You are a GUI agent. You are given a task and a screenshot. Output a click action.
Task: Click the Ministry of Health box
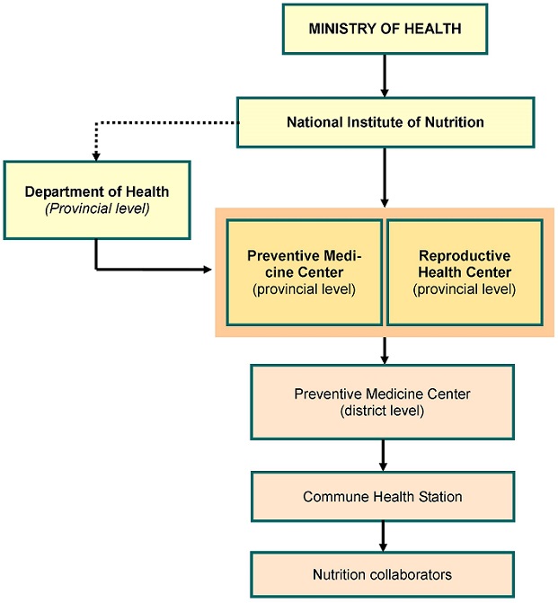[385, 29]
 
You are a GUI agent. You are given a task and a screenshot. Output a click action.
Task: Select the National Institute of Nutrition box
[385, 122]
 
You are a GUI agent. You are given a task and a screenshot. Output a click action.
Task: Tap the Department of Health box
[97, 200]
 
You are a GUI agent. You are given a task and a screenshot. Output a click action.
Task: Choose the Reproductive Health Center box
[465, 272]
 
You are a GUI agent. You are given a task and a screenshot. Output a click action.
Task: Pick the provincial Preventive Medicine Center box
[305, 272]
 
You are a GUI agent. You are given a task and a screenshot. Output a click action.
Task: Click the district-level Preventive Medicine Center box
[382, 402]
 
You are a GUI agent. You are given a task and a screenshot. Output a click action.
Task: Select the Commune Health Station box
[383, 496]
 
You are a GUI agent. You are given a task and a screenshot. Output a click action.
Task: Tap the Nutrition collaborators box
[382, 574]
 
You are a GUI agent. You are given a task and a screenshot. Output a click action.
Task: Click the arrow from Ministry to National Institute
[385, 75]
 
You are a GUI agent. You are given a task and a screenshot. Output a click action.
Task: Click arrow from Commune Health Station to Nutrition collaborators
[383, 536]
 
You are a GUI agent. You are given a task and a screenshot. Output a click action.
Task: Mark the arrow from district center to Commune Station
[383, 456]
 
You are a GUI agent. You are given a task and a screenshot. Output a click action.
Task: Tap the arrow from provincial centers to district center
[385, 350]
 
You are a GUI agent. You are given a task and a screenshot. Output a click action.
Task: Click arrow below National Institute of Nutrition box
[385, 178]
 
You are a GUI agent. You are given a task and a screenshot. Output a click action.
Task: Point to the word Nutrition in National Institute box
[454, 122]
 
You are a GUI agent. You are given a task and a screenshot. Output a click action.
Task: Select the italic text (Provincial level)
[97, 208]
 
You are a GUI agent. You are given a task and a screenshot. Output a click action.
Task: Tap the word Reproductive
[465, 256]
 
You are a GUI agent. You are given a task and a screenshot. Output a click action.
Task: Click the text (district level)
[382, 411]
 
